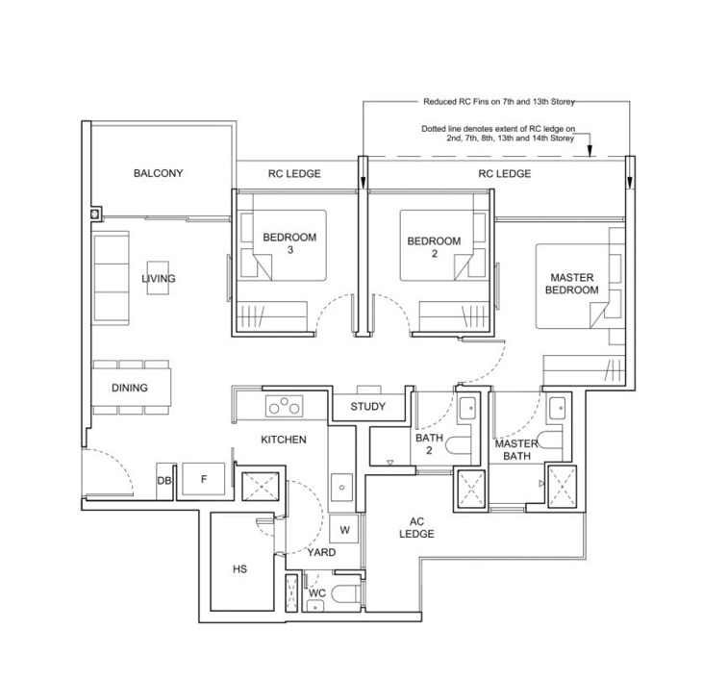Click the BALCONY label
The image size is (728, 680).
159,173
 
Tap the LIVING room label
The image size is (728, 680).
159,279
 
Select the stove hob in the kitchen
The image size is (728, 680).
284,406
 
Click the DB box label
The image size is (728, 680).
163,481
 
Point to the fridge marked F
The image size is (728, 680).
203,479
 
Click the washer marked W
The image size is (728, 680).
344,529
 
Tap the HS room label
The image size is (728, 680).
240,569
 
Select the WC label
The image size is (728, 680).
317,593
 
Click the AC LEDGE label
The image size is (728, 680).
416,528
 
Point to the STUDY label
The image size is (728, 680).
367,407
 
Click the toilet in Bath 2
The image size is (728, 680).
459,445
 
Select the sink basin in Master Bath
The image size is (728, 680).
556,409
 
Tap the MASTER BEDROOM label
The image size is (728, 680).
572,284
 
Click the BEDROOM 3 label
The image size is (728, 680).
289,243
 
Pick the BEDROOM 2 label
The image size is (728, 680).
434,247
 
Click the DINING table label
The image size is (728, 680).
130,388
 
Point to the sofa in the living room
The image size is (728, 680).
112,278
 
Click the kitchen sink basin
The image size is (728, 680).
341,488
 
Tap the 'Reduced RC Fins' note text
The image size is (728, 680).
499,102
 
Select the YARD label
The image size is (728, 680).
321,552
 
